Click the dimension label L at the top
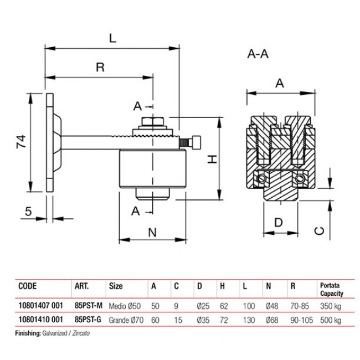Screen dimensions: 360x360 112,39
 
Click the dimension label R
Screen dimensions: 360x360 100,67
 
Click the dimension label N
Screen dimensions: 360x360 152,233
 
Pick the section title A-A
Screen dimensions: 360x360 258,54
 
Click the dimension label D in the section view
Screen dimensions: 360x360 279,223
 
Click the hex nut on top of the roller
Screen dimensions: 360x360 151,122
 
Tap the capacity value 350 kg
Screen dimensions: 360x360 330,306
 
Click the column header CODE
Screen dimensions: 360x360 28,287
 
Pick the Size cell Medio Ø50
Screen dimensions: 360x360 122,306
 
